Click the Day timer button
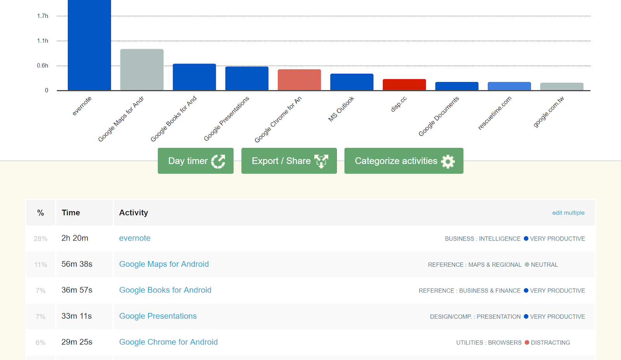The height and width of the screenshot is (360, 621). (196, 161)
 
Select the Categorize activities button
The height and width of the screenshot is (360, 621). (404, 161)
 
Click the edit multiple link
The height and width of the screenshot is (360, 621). (568, 213)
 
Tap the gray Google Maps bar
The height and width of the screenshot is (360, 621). (142, 70)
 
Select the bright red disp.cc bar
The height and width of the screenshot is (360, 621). (404, 85)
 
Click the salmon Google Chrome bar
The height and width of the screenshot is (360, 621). (299, 80)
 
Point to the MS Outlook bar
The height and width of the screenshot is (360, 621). (352, 82)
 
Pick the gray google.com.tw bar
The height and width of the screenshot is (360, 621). (562, 87)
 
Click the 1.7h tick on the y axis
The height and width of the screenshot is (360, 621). (43, 16)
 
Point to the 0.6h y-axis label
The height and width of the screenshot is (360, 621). (43, 66)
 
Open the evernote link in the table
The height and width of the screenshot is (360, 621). (135, 238)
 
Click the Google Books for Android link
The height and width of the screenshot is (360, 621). (165, 290)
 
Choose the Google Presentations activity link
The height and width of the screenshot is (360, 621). (158, 316)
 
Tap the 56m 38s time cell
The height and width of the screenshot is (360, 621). (77, 264)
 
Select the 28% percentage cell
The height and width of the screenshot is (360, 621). (41, 238)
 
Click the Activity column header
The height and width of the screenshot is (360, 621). (134, 212)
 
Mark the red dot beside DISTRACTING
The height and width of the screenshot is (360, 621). (527, 343)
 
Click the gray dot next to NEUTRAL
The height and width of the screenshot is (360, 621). (527, 264)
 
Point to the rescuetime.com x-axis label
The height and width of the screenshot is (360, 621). (495, 113)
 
